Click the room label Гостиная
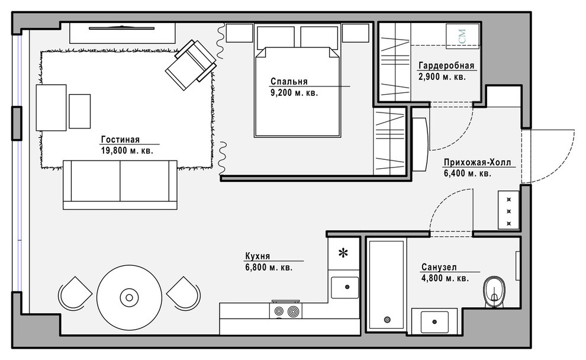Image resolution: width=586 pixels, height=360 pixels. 120,139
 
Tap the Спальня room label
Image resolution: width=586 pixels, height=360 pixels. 289,82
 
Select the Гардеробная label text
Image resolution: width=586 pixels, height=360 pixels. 446,65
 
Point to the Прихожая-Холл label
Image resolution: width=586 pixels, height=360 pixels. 477,163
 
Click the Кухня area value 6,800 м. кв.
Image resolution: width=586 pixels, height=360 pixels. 268,267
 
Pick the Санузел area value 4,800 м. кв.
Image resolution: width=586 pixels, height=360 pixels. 445,278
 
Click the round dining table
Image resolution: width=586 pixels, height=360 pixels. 129,298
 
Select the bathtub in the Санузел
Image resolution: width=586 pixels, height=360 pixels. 386,285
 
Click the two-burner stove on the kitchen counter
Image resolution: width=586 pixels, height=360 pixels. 285,311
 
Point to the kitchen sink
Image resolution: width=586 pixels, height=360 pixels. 345,287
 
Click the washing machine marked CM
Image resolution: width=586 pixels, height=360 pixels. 463,36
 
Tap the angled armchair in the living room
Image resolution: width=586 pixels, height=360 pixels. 191,65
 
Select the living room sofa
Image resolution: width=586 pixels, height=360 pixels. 120,185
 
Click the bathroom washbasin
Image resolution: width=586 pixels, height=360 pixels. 434,322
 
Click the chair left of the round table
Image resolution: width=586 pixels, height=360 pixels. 75,293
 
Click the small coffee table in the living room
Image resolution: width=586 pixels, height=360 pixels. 79,111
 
